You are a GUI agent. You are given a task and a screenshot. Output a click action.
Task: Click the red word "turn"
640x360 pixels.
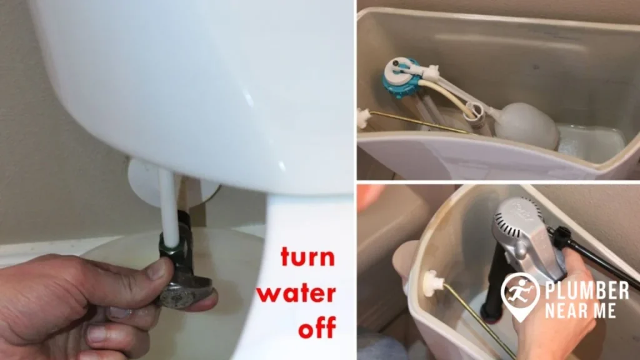307,257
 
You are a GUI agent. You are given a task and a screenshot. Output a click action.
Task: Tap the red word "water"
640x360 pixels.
299,293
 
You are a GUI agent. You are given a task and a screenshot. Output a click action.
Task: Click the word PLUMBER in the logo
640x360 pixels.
586,290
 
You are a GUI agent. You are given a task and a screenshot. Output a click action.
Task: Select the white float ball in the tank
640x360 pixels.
527,124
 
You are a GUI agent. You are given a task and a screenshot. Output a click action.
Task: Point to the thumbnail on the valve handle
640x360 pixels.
157,269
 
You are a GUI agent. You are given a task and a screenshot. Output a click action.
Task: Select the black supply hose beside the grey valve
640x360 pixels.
594,251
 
